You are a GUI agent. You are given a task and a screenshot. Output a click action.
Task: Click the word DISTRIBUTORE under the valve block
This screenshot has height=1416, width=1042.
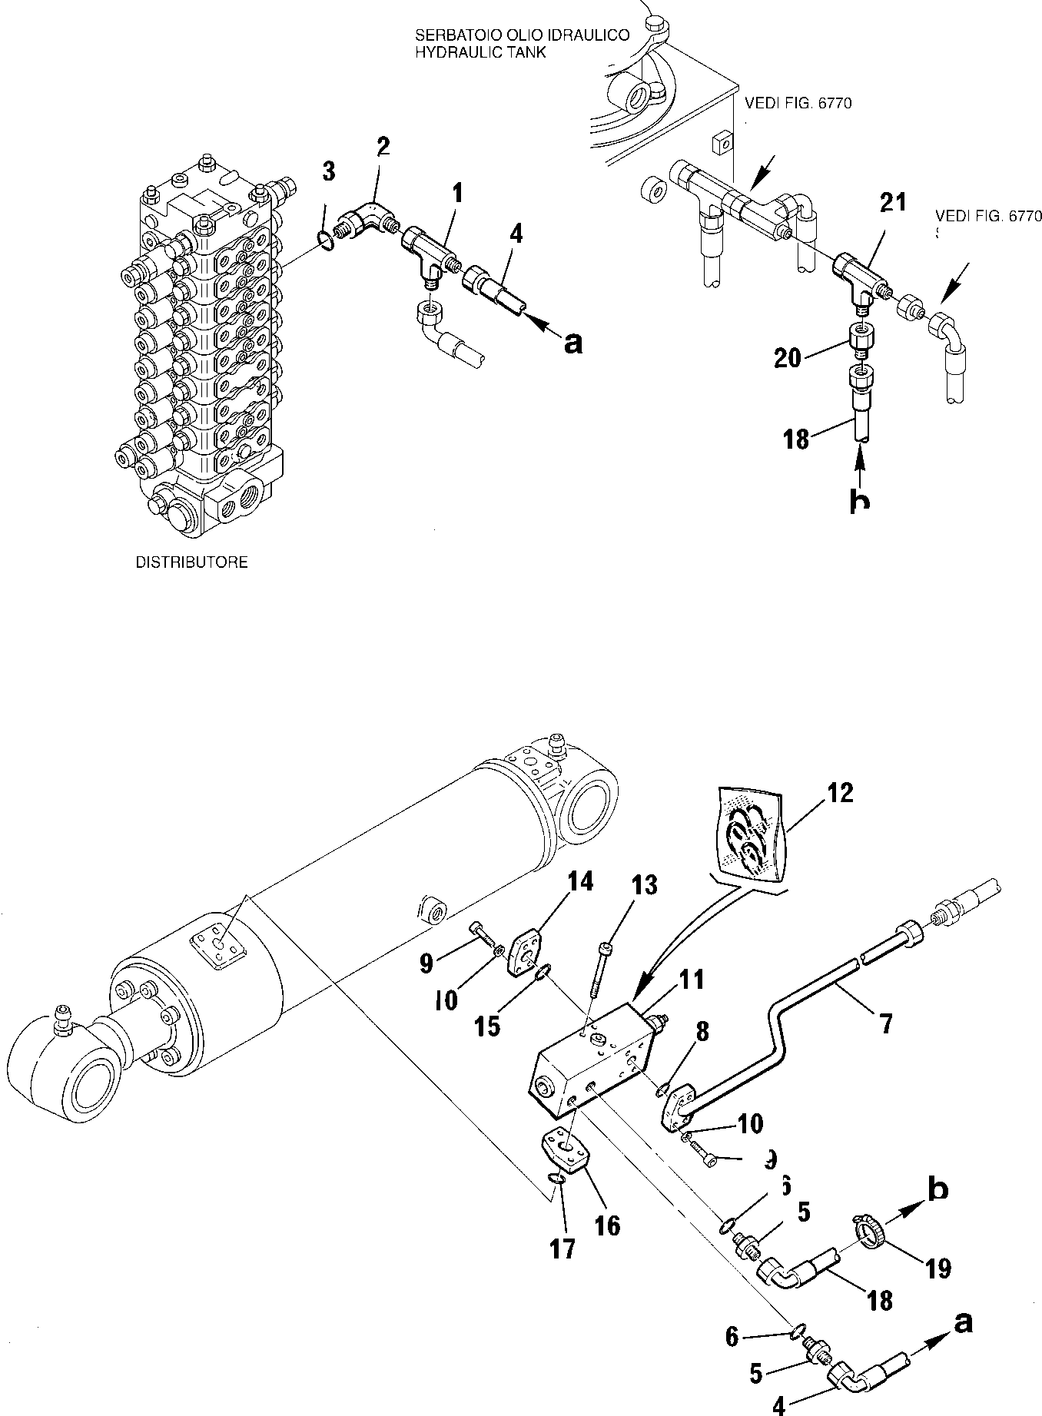coord(191,562)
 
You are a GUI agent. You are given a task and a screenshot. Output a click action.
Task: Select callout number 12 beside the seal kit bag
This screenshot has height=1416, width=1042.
coord(841,793)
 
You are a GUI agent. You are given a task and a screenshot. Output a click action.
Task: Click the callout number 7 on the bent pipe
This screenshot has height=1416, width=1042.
coord(885,1024)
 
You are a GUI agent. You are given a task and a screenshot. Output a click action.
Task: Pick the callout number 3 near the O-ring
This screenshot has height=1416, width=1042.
coord(328,172)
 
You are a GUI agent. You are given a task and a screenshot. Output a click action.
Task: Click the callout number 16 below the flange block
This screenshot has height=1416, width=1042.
coord(607,1224)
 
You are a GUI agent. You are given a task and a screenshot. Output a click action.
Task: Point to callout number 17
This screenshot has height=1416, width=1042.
coord(562,1250)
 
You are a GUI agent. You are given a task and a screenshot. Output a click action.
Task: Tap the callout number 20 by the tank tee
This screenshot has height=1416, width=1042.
coord(788,357)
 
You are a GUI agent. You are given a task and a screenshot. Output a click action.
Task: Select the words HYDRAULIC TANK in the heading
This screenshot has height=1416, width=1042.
coord(480,52)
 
